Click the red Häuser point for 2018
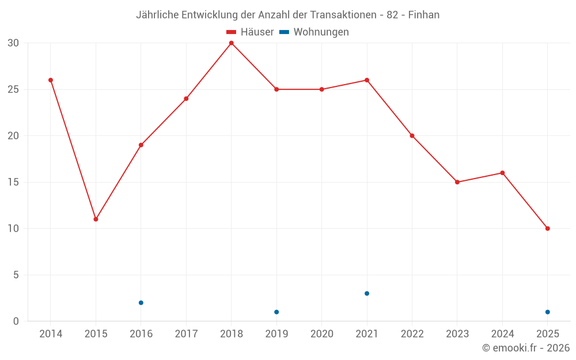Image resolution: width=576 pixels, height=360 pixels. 231,43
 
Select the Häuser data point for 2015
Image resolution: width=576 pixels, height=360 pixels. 96,219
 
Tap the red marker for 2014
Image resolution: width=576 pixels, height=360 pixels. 51,80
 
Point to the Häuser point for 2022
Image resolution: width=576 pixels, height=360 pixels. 412,136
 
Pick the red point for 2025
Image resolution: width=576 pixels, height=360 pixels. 547,229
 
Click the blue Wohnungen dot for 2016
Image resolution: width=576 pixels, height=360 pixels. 141,303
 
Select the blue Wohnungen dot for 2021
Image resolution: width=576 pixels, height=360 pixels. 367,294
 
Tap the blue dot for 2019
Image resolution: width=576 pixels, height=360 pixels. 276,312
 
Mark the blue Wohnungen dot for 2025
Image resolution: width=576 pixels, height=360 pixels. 547,312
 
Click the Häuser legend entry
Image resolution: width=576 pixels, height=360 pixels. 251,32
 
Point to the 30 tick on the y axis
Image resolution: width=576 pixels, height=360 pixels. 14,43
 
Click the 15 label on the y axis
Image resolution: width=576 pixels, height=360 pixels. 14,183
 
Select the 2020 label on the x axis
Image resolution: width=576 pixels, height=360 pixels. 321,334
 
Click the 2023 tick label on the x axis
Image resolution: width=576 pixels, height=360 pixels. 457,334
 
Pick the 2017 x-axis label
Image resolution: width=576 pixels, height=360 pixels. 186,334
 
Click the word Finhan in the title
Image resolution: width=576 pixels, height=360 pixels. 424,15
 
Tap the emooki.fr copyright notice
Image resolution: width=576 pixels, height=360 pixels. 526,348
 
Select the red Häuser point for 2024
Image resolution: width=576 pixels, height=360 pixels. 502,173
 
